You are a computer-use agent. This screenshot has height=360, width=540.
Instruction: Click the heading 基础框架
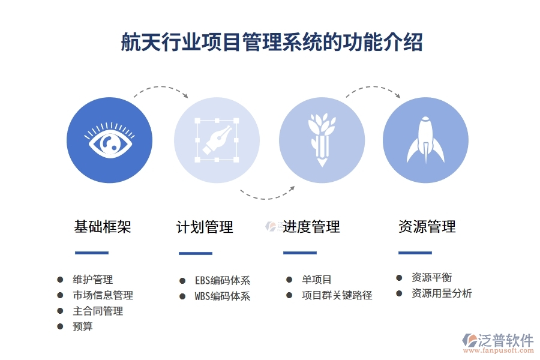[102, 227]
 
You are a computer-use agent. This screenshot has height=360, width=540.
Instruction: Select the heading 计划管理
[205, 227]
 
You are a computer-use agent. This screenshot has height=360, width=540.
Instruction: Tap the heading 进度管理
[311, 227]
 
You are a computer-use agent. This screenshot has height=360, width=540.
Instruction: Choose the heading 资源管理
[427, 227]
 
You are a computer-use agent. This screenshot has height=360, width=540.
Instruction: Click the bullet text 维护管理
[93, 280]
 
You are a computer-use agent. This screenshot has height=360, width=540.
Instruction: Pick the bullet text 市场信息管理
[103, 295]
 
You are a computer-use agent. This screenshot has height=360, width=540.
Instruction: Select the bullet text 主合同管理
[98, 311]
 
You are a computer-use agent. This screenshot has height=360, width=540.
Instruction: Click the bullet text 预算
[83, 326]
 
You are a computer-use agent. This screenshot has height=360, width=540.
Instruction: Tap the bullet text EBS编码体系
[222, 281]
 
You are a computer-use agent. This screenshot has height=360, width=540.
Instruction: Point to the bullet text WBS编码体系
[222, 296]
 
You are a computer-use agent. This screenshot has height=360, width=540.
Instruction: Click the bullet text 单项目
[317, 280]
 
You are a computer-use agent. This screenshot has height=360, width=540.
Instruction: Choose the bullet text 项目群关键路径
[337, 295]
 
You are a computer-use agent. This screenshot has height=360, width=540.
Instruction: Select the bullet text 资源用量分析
[442, 293]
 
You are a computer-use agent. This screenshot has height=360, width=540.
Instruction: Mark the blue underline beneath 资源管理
[415, 253]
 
